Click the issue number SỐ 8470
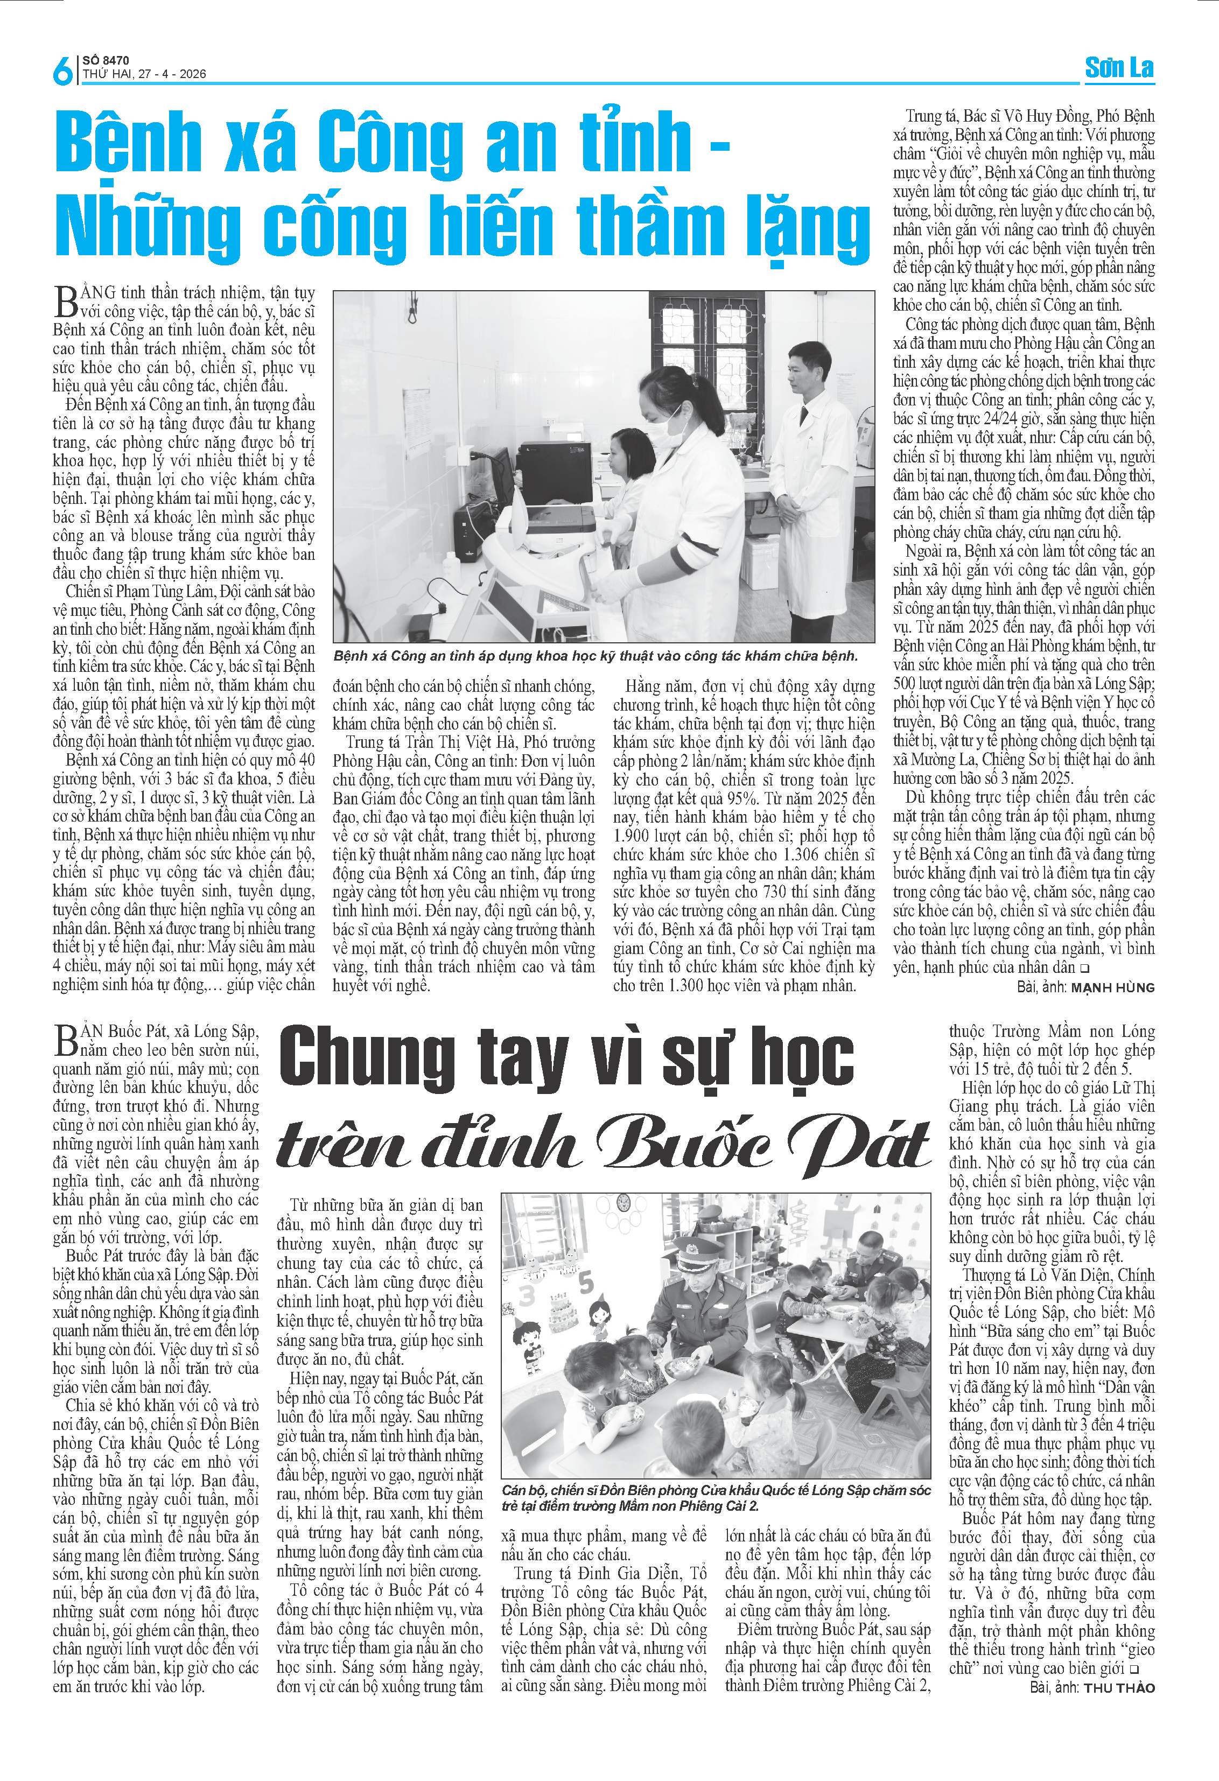pyautogui.click(x=106, y=60)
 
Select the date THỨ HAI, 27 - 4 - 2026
pyautogui.click(x=144, y=74)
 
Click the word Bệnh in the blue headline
pyautogui.click(x=129, y=143)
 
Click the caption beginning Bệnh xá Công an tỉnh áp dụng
pyautogui.click(x=596, y=656)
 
